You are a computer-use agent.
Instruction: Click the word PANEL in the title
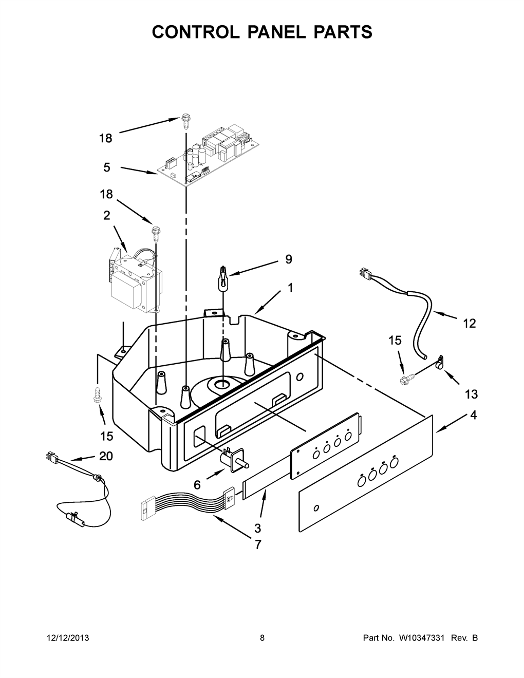click(276, 32)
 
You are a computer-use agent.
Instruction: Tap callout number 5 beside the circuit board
click(107, 167)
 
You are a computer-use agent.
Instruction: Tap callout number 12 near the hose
click(469, 324)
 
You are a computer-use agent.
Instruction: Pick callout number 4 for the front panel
click(474, 416)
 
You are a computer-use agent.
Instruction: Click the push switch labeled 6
click(234, 461)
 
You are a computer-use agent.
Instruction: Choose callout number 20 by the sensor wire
click(106, 456)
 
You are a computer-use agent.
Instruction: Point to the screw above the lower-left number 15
click(98, 395)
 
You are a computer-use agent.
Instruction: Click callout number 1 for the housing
click(290, 288)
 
